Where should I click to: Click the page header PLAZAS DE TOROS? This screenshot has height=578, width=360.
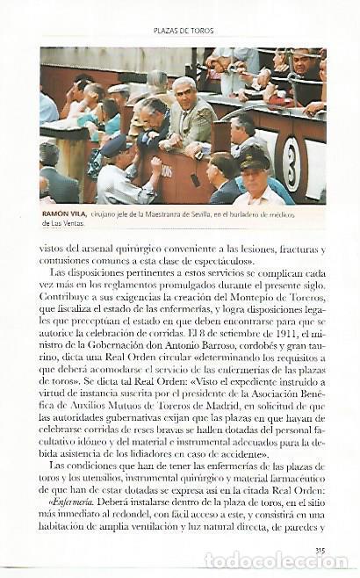click(x=181, y=29)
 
